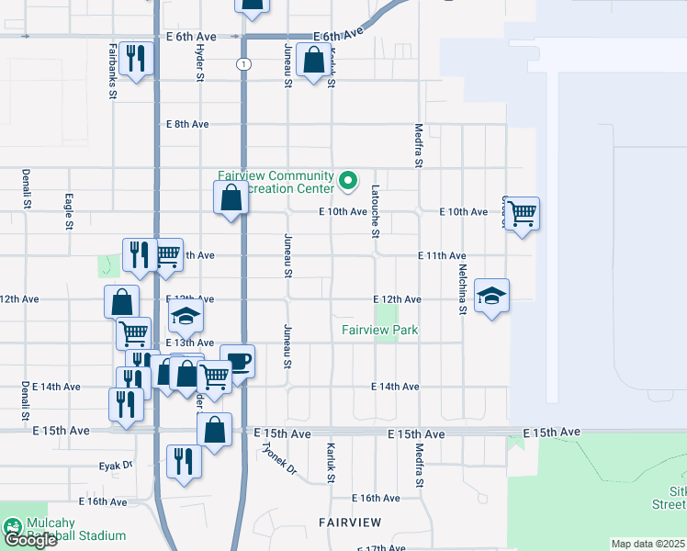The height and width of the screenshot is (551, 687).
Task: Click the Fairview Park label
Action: point(379,330)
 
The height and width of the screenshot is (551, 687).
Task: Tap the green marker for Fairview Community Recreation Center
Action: point(347,181)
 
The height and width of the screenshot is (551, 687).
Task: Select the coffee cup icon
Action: point(237,360)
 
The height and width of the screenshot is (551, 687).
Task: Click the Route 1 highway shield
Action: point(242,63)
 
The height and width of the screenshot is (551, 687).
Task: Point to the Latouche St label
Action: point(375,211)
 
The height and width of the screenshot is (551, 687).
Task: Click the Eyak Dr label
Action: point(116,466)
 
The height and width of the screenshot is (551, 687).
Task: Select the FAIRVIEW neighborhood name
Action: point(349,522)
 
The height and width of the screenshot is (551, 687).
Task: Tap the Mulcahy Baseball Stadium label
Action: point(74,529)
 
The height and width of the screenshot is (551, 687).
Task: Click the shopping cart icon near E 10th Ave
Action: point(522,214)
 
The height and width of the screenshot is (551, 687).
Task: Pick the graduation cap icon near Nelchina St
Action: point(491,296)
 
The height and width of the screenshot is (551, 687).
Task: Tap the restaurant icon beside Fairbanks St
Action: point(137,58)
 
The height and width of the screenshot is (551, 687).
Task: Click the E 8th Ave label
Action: point(187,124)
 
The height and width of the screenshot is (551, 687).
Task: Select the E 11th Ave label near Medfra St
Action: point(442,255)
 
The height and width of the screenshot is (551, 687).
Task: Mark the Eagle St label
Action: point(69,210)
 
